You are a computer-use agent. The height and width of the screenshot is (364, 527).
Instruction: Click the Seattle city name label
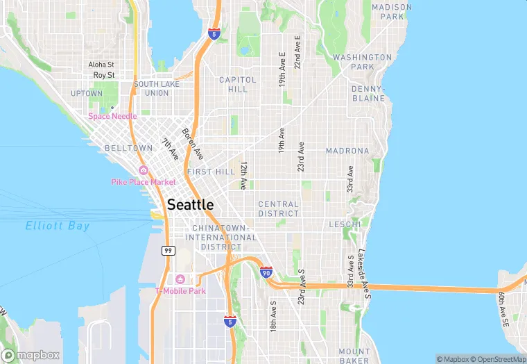click(x=191, y=204)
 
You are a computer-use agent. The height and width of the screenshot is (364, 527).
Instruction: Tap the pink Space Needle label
click(x=112, y=116)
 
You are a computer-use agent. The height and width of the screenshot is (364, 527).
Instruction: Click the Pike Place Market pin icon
click(x=144, y=170)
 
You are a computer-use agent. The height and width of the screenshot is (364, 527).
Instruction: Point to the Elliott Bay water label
click(x=58, y=226)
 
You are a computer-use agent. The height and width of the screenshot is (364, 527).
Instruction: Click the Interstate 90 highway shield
click(x=266, y=272)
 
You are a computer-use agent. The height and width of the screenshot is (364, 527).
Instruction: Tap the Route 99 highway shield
click(x=168, y=250)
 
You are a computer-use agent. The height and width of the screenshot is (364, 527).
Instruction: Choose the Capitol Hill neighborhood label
click(x=238, y=84)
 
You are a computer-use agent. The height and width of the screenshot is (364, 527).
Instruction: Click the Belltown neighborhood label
click(x=128, y=149)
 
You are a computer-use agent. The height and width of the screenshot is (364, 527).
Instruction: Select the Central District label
click(x=278, y=208)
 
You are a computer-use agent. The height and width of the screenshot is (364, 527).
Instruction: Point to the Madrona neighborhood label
click(x=347, y=151)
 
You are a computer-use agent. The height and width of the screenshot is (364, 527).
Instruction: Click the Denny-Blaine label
click(x=368, y=94)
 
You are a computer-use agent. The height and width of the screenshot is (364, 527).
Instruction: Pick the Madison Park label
click(x=392, y=11)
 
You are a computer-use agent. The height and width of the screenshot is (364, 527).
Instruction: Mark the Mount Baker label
click(x=354, y=356)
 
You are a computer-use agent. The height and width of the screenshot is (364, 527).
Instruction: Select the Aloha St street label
click(x=101, y=65)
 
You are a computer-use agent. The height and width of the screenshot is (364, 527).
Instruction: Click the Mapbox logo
click(x=31, y=354)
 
